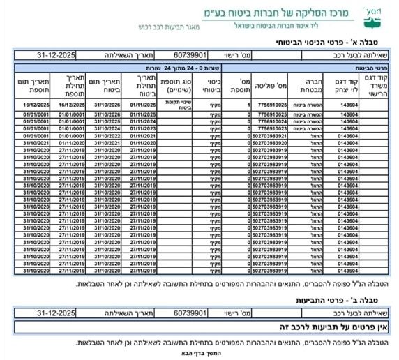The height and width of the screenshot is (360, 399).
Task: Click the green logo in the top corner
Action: click(375, 15)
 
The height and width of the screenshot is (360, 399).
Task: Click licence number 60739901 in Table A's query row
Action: click(190, 55)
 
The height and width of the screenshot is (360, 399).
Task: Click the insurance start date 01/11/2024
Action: click(140, 121)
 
